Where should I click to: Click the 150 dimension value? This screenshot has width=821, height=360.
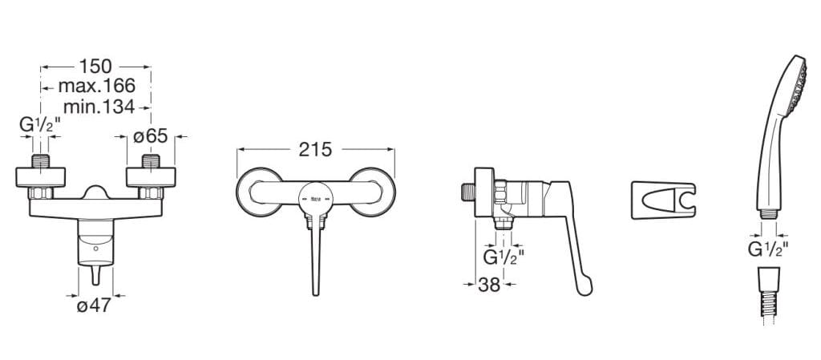pyautogui.click(x=95, y=67)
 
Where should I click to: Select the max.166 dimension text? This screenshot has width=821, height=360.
pyautogui.click(x=97, y=86)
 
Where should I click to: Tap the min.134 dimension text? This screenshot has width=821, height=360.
pyautogui.click(x=99, y=107)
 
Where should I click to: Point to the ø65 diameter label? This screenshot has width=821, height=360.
pyautogui.click(x=150, y=136)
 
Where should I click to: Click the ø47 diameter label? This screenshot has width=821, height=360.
pyautogui.click(x=95, y=305)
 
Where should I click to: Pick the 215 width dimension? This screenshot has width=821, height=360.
pyautogui.click(x=316, y=150)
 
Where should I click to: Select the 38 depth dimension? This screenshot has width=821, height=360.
pyautogui.click(x=489, y=285)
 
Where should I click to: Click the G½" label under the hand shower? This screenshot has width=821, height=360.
pyautogui.click(x=768, y=249)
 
